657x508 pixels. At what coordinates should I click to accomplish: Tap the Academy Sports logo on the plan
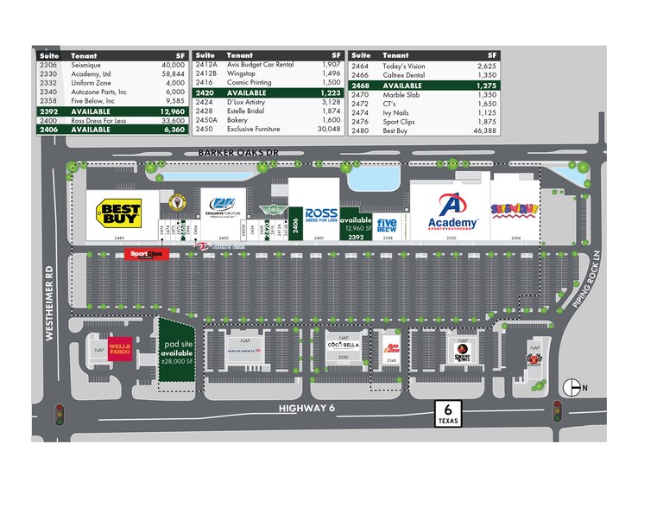click(x=452, y=212)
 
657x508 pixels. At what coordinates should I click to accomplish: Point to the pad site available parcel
click(x=177, y=352)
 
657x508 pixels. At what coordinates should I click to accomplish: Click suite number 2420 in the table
click(x=204, y=92)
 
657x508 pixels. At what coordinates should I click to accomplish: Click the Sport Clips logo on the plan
click(x=143, y=254)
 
